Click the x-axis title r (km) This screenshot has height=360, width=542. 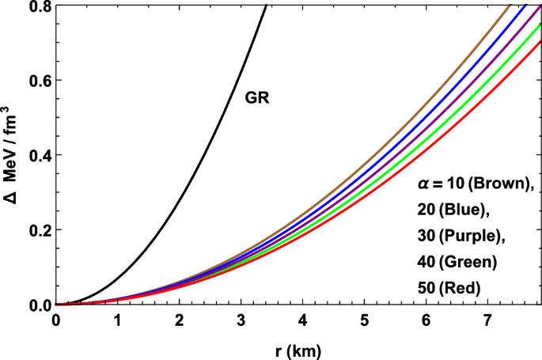[294, 348]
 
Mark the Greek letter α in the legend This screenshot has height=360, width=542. [423, 185]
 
